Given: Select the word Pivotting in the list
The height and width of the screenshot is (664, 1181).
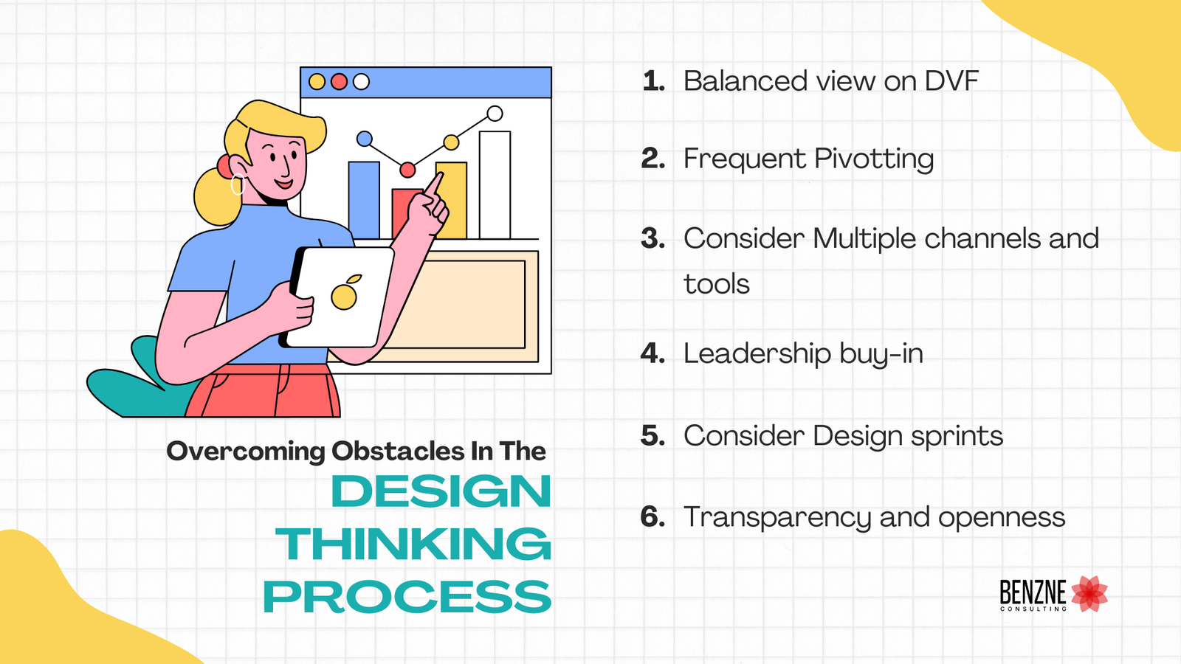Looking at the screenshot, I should pyautogui.click(x=874, y=159).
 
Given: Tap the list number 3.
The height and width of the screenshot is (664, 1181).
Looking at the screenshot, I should pyautogui.click(x=653, y=238).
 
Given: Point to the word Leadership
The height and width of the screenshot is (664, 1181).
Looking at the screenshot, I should pyautogui.click(x=757, y=354).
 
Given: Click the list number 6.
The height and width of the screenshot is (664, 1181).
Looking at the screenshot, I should pyautogui.click(x=653, y=517).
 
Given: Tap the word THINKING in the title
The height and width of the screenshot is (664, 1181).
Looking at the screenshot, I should pyautogui.click(x=414, y=544).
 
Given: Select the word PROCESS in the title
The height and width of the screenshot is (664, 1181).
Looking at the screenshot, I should pyautogui.click(x=407, y=597).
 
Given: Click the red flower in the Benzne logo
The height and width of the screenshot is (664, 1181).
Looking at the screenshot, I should pyautogui.click(x=1089, y=594).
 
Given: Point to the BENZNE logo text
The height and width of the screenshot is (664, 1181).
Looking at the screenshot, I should pyautogui.click(x=1033, y=592).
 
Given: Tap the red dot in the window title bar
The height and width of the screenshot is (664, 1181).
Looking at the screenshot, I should pyautogui.click(x=339, y=82).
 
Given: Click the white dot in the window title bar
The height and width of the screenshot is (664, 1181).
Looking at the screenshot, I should pyautogui.click(x=361, y=82).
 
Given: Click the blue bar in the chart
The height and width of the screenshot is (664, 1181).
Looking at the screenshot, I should pyautogui.click(x=364, y=199).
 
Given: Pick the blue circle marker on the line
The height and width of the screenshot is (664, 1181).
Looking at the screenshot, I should pyautogui.click(x=365, y=139).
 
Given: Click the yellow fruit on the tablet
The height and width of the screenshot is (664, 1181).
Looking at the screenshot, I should pyautogui.click(x=344, y=295).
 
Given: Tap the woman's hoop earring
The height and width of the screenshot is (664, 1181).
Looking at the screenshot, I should pyautogui.click(x=237, y=184).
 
